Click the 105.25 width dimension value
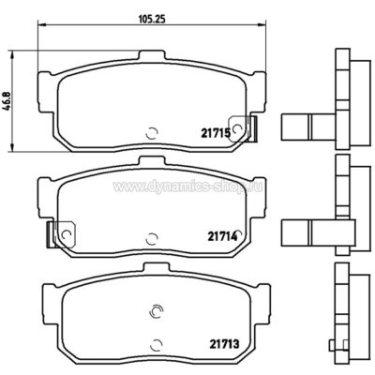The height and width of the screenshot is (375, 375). pyautogui.click(x=152, y=20)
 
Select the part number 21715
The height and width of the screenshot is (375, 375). pyautogui.click(x=216, y=134)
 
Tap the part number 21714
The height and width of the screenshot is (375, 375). pyautogui.click(x=221, y=236)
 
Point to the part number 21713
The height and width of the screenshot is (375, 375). pyautogui.click(x=224, y=344)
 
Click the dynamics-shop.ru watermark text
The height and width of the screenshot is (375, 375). pyautogui.click(x=187, y=187)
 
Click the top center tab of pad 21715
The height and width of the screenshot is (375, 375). pyautogui.click(x=151, y=55)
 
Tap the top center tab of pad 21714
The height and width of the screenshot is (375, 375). pyautogui.click(x=152, y=161)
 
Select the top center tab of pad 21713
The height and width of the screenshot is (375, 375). pyautogui.click(x=156, y=267)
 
